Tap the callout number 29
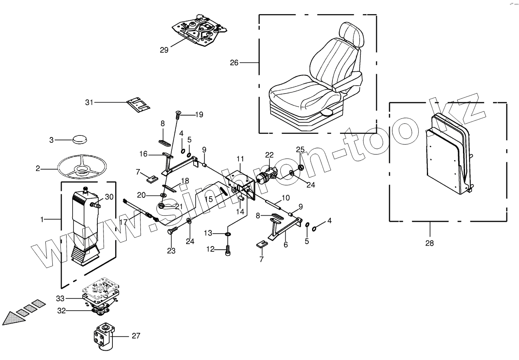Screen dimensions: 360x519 (x=164, y=50)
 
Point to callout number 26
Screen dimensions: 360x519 (x=234, y=62)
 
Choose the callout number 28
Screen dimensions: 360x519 (x=429, y=243)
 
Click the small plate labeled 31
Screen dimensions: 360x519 (x=138, y=104)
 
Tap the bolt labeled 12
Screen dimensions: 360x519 (x=228, y=250)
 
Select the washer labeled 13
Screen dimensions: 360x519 (x=228, y=234)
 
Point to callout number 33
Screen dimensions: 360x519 (x=60, y=299)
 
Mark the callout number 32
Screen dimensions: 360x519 (x=61, y=311)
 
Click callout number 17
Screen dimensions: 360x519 (x=123, y=222)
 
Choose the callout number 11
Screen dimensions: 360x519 (x=240, y=158)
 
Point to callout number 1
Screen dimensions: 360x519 (x=42, y=219)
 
